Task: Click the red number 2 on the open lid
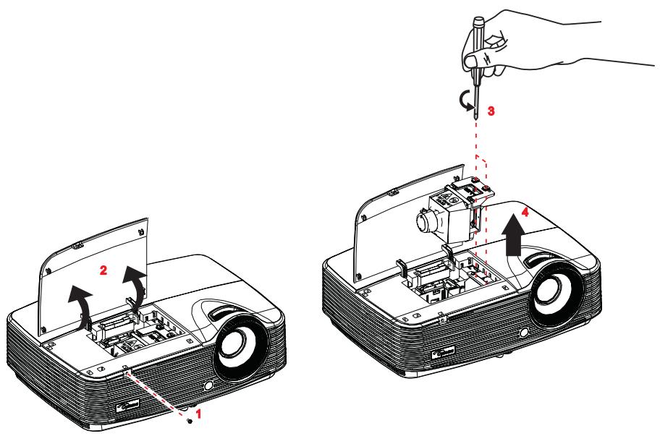click(103, 270)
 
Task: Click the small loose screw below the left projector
click(190, 420)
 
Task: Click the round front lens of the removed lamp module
click(424, 218)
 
